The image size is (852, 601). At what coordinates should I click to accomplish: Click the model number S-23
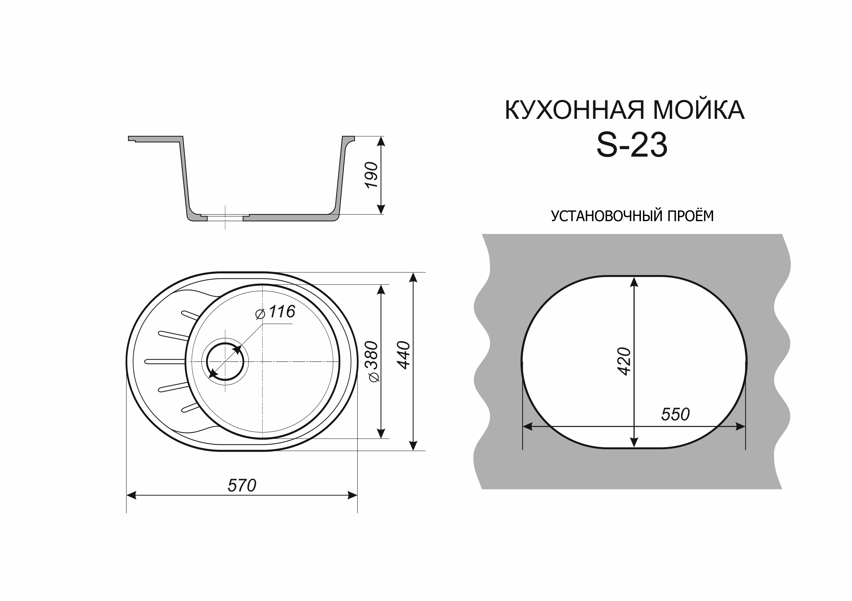(632, 146)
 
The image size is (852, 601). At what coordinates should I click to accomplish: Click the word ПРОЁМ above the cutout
(691, 216)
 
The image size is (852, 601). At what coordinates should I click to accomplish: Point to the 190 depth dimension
(371, 175)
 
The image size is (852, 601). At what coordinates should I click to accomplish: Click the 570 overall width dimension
(242, 486)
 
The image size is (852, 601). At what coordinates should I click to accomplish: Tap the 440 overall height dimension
(404, 355)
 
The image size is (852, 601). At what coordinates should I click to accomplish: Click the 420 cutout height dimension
(624, 361)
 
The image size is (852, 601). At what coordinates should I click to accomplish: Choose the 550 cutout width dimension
(675, 414)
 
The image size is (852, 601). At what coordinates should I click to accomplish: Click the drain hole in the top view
(225, 362)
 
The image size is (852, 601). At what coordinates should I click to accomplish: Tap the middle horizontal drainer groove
(165, 362)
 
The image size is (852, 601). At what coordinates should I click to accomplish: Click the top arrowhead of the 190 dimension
(381, 141)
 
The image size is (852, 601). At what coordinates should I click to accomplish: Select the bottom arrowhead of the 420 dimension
(634, 442)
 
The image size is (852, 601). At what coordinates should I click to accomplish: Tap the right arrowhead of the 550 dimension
(740, 427)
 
